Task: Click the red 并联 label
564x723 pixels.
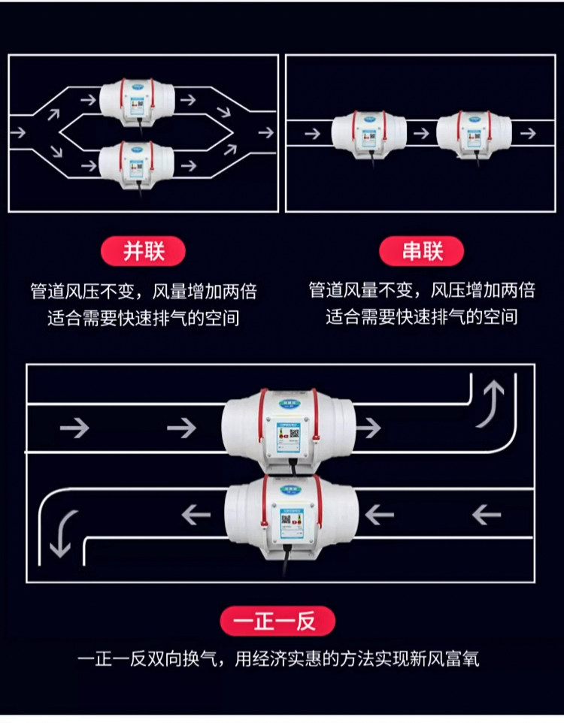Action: coord(143,251)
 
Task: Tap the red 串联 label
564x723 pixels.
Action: coord(421,251)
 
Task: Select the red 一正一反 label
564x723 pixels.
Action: coord(277,621)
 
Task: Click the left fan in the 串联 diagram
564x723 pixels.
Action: coord(368,133)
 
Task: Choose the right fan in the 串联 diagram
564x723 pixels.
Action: coord(474,133)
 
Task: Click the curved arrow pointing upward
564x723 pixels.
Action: coord(493,402)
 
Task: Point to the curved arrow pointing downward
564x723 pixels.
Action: coord(62,532)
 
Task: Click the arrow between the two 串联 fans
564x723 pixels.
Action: coord(421,133)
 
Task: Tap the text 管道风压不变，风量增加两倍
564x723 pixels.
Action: coord(143,291)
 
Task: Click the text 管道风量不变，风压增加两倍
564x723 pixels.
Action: coord(421,291)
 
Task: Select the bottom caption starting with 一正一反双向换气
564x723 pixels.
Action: coord(278,660)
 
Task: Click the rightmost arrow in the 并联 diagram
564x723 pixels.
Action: coord(265,132)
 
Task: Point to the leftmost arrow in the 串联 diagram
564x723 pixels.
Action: coord(311,133)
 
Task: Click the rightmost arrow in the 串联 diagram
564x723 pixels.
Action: coord(528,133)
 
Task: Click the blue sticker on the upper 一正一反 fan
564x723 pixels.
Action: coord(286,437)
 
